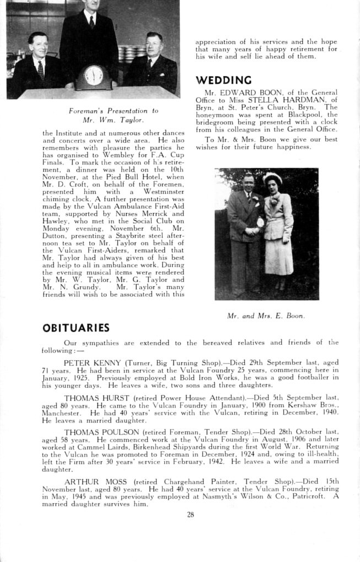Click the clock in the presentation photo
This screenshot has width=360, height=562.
(x=93, y=76)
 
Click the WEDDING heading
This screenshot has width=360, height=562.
(x=223, y=80)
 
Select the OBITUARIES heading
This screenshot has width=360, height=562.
(x=76, y=328)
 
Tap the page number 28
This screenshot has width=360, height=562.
(x=190, y=515)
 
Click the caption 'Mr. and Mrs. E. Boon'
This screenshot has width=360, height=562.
(x=266, y=316)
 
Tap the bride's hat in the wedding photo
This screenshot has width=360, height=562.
(x=272, y=178)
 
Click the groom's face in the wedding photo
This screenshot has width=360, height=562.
(x=249, y=182)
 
